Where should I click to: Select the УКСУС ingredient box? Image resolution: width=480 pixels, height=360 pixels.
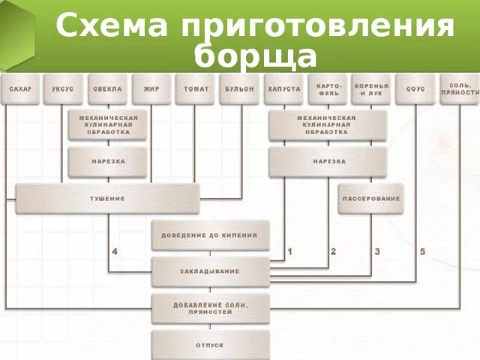(63, 88)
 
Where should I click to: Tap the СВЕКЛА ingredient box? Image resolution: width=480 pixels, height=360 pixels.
(107, 88)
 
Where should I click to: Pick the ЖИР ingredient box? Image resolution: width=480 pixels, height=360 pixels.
(151, 88)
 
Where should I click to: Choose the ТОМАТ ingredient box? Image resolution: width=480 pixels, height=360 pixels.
(196, 88)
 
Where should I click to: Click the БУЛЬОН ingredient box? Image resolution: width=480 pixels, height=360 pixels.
(240, 88)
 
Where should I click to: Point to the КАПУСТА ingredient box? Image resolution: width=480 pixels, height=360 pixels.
(284, 88)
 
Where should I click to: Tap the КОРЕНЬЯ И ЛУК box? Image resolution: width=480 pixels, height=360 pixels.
(371, 88)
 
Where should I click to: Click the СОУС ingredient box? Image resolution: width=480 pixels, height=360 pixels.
(415, 88)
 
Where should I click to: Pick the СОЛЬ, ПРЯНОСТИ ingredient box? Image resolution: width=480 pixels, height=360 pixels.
(460, 88)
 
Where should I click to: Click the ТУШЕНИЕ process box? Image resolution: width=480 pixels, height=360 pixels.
(107, 199)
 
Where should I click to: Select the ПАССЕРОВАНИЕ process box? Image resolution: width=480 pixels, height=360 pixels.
(371, 199)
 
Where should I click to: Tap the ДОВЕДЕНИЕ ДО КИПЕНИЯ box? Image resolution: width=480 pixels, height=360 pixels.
(209, 235)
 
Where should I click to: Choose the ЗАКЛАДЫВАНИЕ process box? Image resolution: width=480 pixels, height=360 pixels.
(209, 271)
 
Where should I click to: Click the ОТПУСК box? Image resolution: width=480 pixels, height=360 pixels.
(209, 344)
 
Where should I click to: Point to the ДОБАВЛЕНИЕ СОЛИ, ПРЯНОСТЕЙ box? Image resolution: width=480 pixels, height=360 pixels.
(209, 307)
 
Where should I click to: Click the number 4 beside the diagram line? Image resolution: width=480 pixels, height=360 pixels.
(115, 251)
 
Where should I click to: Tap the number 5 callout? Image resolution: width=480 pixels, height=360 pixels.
(422, 251)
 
